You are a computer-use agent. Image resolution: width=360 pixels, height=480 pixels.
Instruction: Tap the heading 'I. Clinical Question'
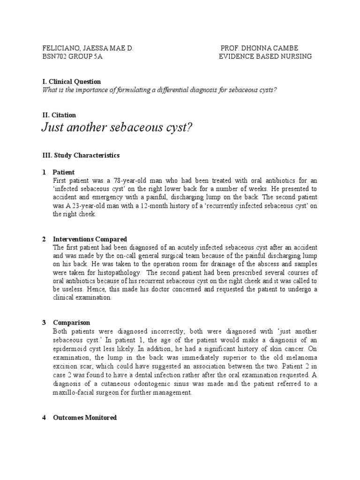pos(71,82)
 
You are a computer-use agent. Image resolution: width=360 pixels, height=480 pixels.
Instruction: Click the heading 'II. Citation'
pos(59,115)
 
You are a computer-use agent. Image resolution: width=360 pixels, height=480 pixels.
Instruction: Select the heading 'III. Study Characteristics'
pos(81,155)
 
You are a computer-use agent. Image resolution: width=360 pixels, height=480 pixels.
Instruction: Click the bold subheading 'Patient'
pos(64,172)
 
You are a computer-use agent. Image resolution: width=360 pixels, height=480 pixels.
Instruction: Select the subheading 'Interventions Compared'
pos(90,239)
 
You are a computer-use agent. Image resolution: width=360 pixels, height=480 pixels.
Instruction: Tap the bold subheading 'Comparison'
pos(72,322)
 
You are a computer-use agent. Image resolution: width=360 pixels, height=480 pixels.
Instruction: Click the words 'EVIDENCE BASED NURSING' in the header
pos(265,57)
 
